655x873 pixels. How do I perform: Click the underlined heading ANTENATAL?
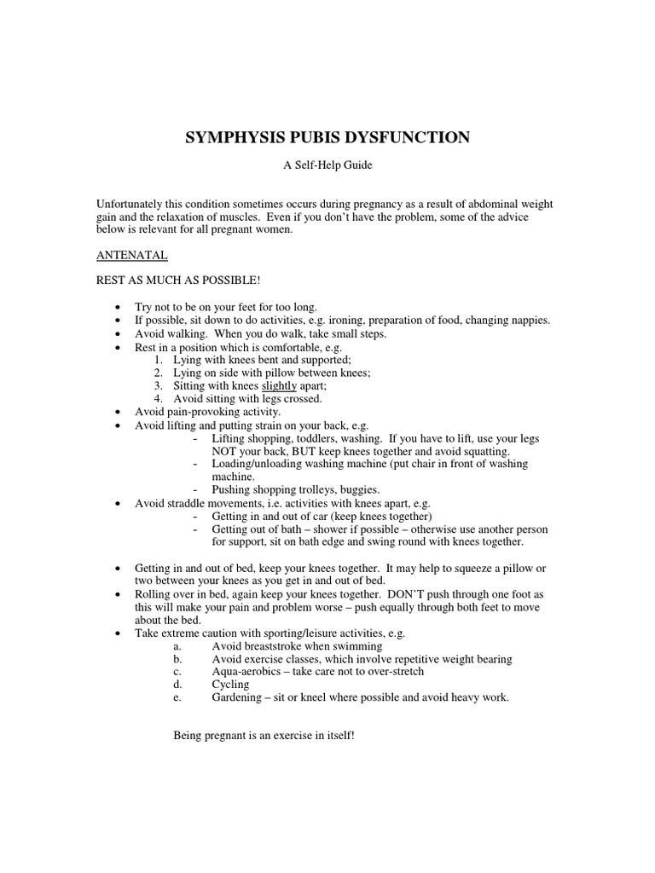[x=131, y=255]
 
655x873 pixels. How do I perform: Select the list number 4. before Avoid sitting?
[x=158, y=398]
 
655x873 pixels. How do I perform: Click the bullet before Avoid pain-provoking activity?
[x=117, y=412]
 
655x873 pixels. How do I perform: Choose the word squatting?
[x=484, y=451]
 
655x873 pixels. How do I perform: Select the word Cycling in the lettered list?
[x=230, y=685]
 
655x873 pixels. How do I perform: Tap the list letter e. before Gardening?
[x=177, y=697]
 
